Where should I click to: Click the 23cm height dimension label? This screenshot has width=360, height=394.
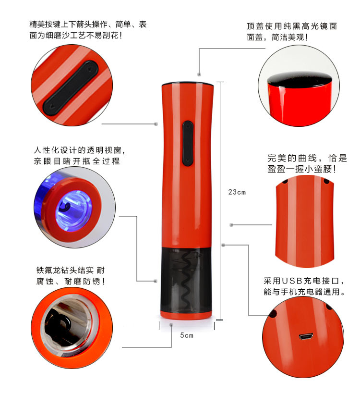[x=237, y=192]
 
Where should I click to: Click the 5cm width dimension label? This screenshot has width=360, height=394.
[x=187, y=335]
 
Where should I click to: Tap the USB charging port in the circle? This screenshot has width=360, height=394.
[x=306, y=336]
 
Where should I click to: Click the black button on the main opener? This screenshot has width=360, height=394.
[x=188, y=144]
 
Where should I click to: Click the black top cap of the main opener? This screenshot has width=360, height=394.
[x=188, y=84]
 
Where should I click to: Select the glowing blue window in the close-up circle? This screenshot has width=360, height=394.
[x=73, y=210]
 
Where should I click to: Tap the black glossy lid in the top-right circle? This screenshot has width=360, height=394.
[x=300, y=79]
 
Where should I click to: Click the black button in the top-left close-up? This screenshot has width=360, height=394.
[x=71, y=88]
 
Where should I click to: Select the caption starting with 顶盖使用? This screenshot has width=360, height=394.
[x=292, y=32]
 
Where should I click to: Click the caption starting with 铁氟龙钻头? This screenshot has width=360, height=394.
[x=70, y=276]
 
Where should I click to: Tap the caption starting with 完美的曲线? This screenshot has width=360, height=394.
[x=307, y=163]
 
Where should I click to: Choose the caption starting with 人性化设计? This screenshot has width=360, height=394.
[x=79, y=156]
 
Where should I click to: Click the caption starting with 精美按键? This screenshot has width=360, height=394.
[x=88, y=30]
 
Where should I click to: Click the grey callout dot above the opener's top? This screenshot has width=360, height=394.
[x=199, y=74]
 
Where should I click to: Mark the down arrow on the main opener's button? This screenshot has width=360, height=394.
[x=188, y=160]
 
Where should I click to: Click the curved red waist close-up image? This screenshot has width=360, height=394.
[x=305, y=221]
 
